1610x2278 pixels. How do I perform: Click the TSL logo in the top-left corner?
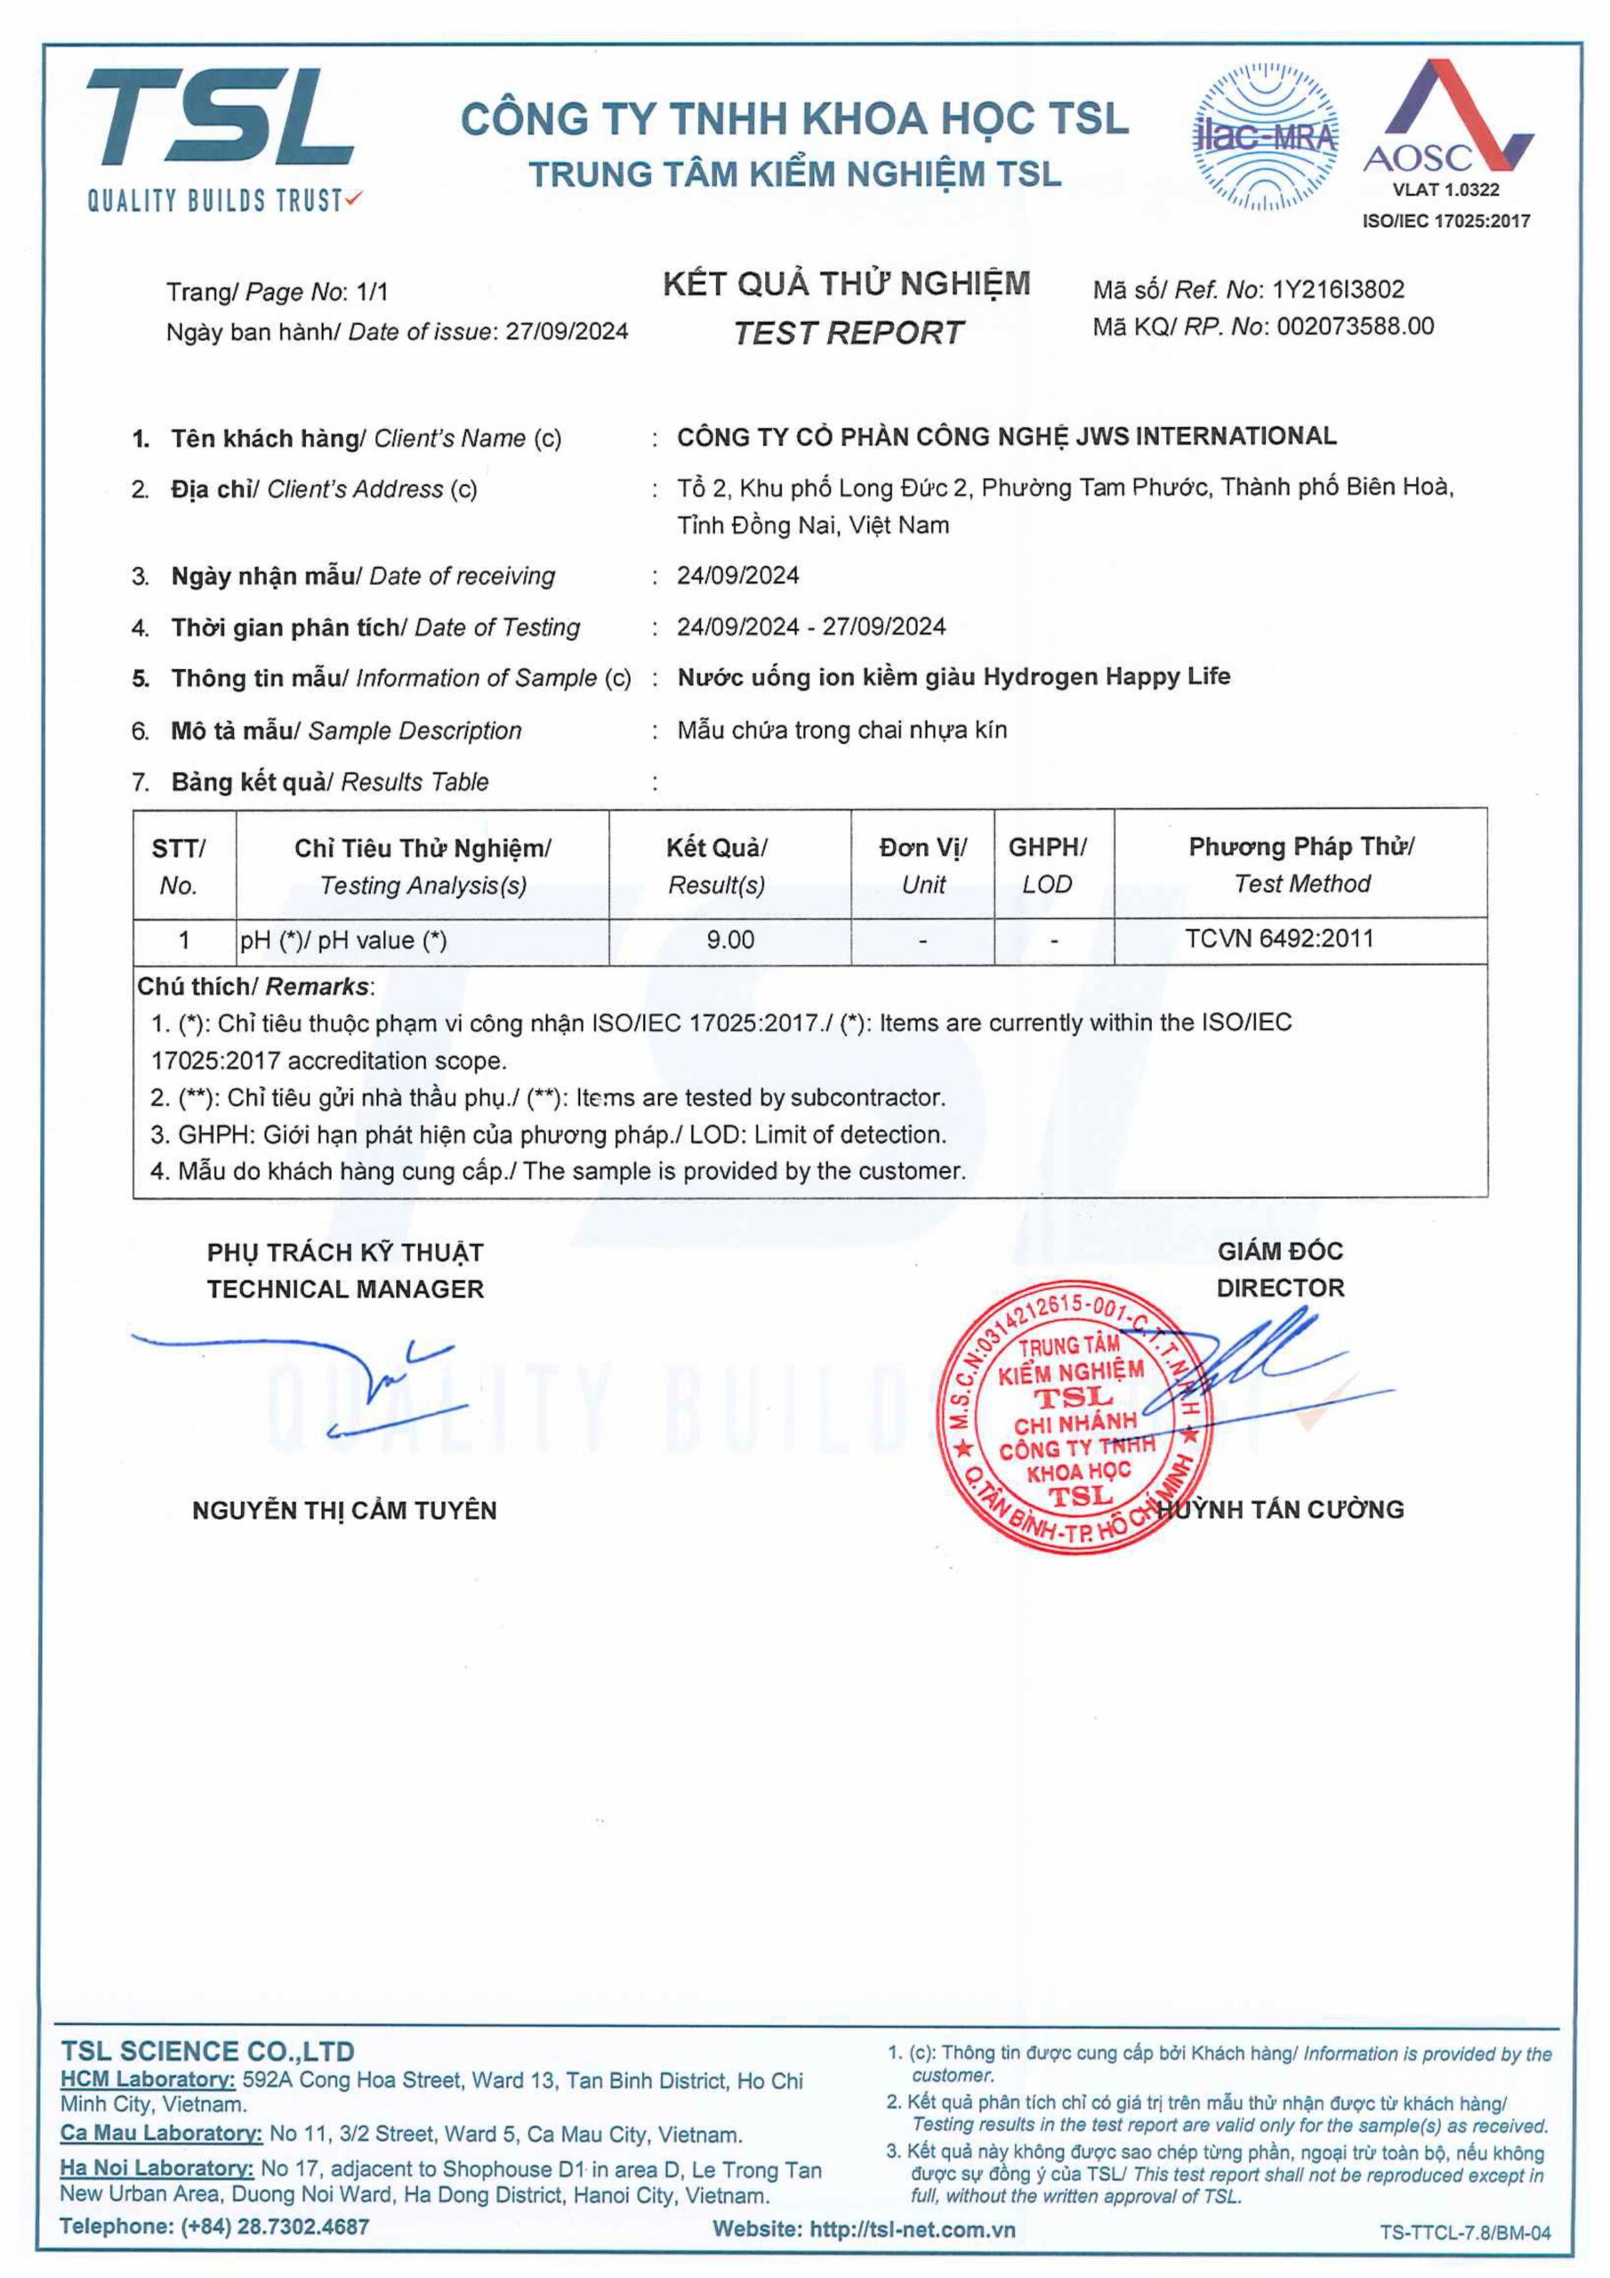221,137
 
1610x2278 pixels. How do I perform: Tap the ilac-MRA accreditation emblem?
1264,137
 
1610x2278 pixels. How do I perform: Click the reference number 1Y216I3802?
1338,290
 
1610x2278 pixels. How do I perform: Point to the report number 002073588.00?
1354,327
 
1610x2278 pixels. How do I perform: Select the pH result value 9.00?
730,940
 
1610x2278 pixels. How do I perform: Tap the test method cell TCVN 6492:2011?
1279,939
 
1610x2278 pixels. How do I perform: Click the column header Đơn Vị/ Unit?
922,865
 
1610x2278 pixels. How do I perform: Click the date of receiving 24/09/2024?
738,576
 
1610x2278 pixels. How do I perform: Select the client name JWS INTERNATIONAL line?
1006,437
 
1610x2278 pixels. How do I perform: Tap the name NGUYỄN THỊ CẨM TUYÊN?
344,1511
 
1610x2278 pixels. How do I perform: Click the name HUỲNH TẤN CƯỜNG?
1281,1510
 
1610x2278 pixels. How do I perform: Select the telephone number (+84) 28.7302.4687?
275,2226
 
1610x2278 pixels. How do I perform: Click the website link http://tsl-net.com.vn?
913,2229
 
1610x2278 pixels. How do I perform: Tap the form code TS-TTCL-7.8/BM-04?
1464,2234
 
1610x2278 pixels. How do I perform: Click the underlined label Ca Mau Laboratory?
161,2133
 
